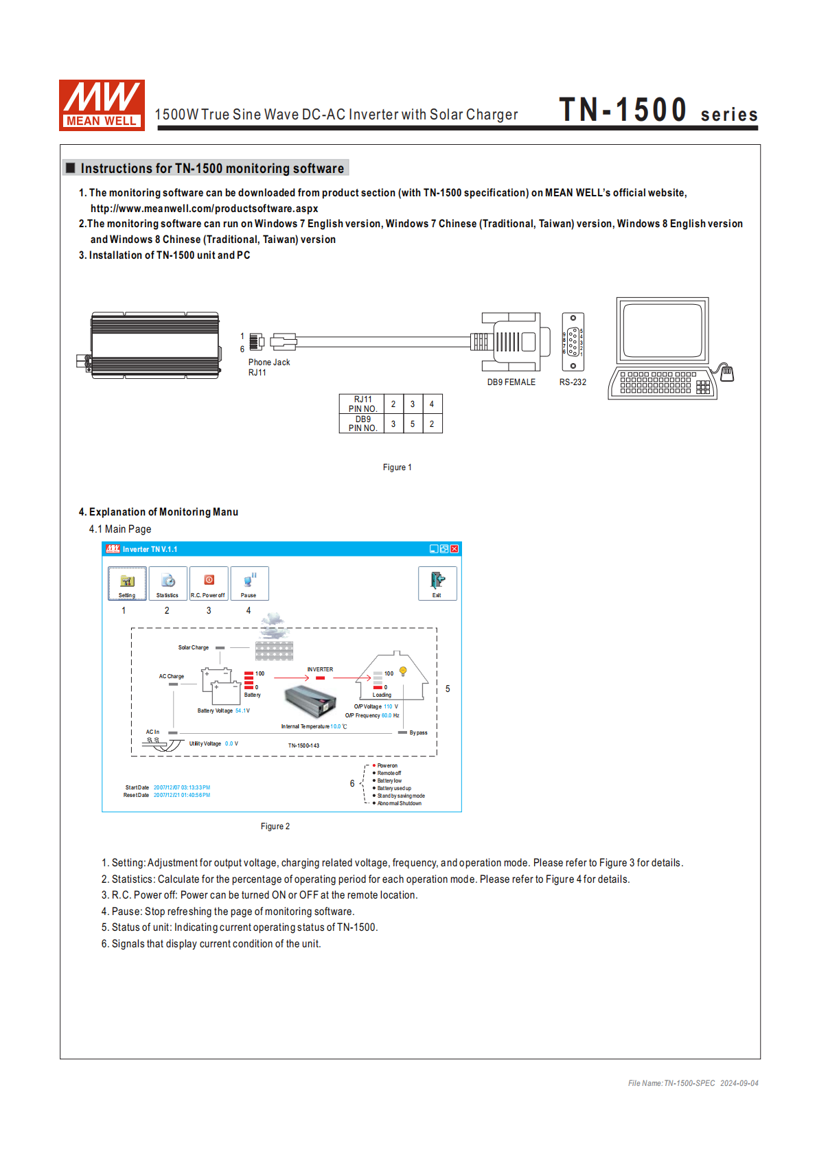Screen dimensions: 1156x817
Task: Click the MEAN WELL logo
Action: pyautogui.click(x=102, y=105)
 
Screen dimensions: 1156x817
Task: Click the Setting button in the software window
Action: pyautogui.click(x=127, y=583)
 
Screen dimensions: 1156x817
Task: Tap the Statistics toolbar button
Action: pyautogui.click(x=168, y=583)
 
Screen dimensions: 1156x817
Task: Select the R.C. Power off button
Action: pyautogui.click(x=208, y=583)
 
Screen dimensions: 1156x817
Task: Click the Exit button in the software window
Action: pyautogui.click(x=437, y=583)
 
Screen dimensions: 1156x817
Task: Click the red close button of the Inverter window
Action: pyautogui.click(x=454, y=549)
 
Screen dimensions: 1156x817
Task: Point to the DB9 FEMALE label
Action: pyautogui.click(x=511, y=382)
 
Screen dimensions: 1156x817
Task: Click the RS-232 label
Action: pyautogui.click(x=573, y=382)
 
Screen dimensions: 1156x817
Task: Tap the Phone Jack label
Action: pyautogui.click(x=269, y=362)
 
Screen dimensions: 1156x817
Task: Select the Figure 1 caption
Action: pyautogui.click(x=397, y=467)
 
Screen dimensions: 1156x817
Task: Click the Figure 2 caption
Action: pyautogui.click(x=275, y=826)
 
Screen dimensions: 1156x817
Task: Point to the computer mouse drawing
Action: pyautogui.click(x=727, y=373)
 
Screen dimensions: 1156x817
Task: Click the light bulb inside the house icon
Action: pyautogui.click(x=403, y=671)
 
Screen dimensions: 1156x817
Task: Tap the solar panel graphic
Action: pyautogui.click(x=274, y=650)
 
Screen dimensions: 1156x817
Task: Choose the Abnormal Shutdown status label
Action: pyautogui.click(x=399, y=803)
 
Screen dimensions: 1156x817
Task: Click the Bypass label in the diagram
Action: pyautogui.click(x=418, y=732)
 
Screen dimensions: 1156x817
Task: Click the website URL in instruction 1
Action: pyautogui.click(x=204, y=209)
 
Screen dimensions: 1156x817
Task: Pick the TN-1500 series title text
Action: pyautogui.click(x=658, y=111)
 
